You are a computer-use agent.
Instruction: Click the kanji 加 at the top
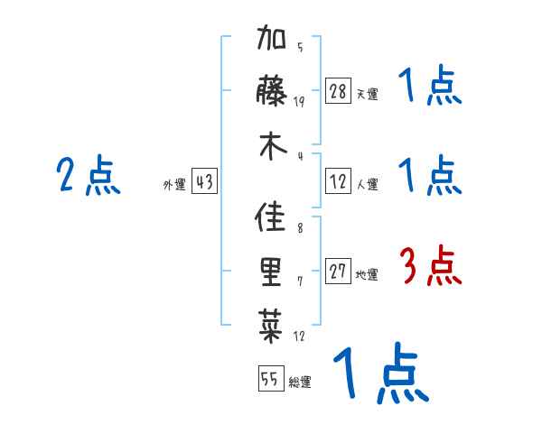click(272, 43)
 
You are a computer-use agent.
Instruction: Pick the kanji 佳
click(272, 219)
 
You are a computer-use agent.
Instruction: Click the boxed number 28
click(339, 91)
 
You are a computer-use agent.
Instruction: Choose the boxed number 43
click(204, 182)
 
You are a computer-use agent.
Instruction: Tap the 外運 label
click(173, 185)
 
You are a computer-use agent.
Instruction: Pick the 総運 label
click(299, 382)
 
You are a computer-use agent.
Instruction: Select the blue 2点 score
click(89, 176)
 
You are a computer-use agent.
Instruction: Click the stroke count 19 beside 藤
click(299, 102)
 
